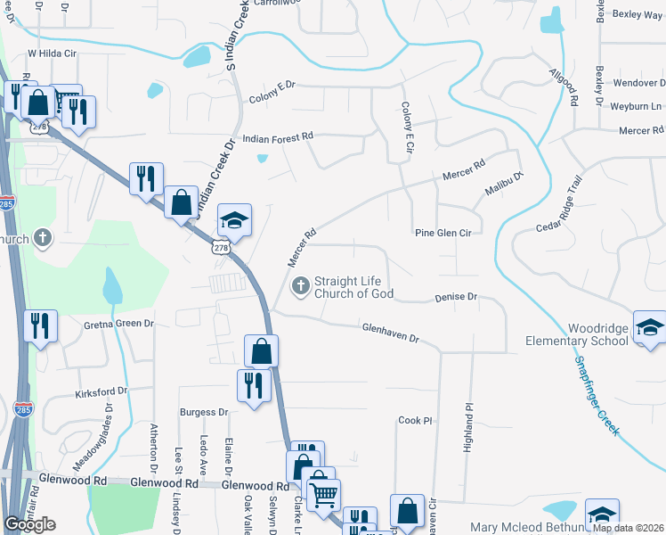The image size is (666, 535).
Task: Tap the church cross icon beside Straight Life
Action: pos(301,286)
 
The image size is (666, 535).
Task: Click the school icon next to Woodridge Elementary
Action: pos(649,325)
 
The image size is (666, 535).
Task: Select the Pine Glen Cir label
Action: pos(443,233)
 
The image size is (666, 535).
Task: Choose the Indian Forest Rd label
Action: pos(279,137)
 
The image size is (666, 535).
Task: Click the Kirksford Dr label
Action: pos(102,391)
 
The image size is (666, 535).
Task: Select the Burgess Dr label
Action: pos(204,412)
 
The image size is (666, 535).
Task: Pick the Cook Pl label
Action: pos(415,420)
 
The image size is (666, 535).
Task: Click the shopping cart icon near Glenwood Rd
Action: pos(322,491)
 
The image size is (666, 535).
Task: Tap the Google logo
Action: pos(29,524)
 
